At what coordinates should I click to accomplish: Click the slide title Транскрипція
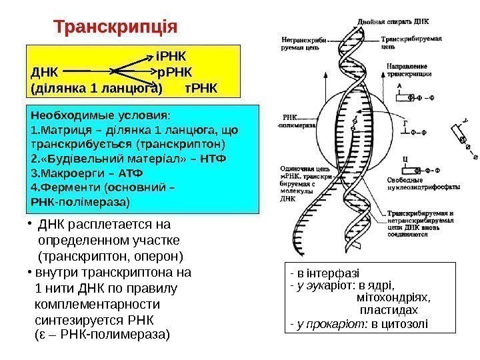point(115,29)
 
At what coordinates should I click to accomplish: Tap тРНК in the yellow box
point(201,87)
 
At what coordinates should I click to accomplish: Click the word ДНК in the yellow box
point(45,71)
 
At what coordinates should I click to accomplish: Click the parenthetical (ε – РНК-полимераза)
point(101,333)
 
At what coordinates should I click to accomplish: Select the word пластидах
point(389,310)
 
